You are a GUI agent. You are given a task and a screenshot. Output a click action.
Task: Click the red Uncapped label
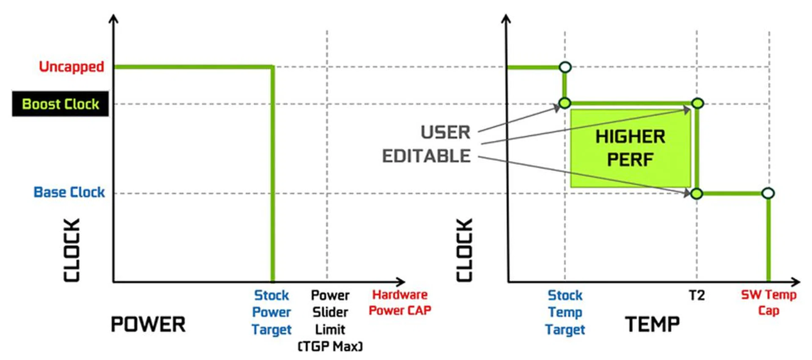point(71,67)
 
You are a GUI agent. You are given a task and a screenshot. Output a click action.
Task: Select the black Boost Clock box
point(60,104)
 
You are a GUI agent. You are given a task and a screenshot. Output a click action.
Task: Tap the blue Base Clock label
point(69,192)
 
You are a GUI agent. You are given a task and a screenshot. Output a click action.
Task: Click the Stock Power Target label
point(272,312)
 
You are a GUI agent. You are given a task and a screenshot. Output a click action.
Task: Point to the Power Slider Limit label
point(330,320)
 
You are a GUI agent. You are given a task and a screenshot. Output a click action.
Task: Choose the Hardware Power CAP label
point(400,302)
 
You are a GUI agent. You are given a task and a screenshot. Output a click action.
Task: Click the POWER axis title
point(148,324)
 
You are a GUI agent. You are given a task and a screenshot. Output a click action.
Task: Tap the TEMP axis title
point(652,324)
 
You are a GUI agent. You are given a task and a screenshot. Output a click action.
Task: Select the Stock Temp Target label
point(565,312)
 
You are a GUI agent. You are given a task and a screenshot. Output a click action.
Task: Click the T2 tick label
point(697,295)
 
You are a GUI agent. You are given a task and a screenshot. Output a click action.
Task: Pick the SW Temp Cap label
point(768,302)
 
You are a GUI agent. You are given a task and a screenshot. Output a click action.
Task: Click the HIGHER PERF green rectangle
point(630,148)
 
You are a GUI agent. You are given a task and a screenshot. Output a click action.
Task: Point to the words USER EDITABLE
point(427,144)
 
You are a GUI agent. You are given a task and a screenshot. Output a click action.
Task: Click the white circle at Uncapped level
point(565,67)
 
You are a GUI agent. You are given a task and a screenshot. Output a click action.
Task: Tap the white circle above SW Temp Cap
point(768,193)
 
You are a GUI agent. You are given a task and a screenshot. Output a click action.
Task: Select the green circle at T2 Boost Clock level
point(697,103)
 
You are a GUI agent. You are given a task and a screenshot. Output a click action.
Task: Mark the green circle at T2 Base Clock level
point(697,194)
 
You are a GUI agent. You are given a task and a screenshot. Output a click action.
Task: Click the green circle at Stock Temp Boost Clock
point(565,103)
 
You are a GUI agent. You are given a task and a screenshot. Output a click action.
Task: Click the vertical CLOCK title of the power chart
point(72,250)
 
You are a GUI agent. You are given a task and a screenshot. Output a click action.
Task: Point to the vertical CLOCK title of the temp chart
point(464,250)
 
